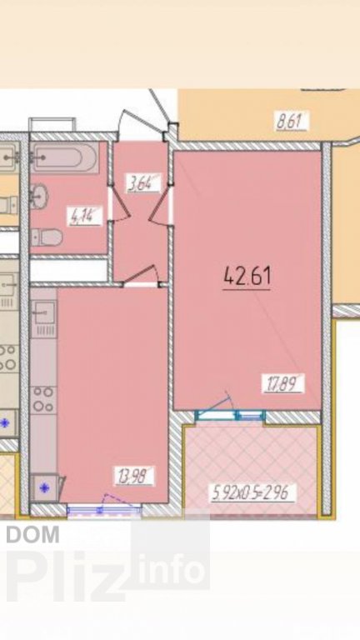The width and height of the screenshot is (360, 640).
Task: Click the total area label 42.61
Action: [x=247, y=277]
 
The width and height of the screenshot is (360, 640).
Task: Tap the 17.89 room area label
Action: [x=283, y=383]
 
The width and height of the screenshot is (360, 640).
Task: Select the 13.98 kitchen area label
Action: [x=134, y=476]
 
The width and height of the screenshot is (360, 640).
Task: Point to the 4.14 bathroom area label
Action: [x=85, y=216]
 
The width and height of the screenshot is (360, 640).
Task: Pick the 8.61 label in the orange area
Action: [x=292, y=121]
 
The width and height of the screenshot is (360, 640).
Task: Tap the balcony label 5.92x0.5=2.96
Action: [x=253, y=492]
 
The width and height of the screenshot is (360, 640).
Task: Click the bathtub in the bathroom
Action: [x=64, y=157]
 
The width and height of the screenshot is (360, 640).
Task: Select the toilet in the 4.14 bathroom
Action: [x=47, y=237]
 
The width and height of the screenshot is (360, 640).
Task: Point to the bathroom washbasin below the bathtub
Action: [x=40, y=196]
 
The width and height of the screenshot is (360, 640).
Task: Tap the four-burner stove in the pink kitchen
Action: [x=43, y=399]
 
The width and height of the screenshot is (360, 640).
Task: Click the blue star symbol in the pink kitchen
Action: [x=44, y=487]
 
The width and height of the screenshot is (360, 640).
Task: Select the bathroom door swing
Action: [x=120, y=204]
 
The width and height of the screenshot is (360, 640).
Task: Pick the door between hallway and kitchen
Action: [x=141, y=275]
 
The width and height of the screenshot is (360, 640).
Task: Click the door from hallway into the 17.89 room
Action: [x=159, y=207]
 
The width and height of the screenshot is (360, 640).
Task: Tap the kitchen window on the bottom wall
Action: [x=104, y=509]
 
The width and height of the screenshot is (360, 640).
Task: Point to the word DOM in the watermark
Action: [x=33, y=534]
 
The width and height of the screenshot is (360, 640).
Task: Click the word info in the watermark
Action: [x=171, y=569]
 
